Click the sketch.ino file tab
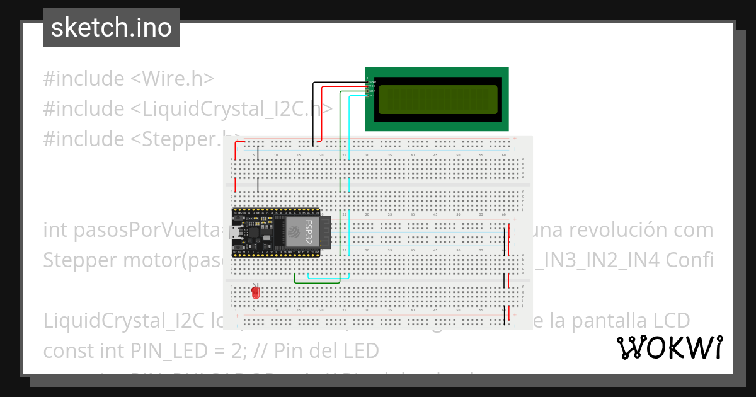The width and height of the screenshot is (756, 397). [x=112, y=28]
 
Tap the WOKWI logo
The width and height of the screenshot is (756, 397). [x=670, y=348]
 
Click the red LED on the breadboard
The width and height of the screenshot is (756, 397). [x=255, y=293]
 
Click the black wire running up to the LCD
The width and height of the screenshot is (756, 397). [x=314, y=113]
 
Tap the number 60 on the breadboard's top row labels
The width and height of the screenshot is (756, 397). [x=503, y=154]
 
